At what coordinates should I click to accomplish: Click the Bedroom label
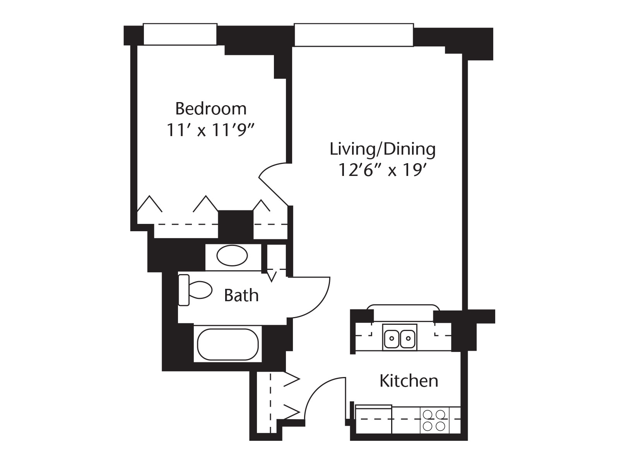tap(211, 109)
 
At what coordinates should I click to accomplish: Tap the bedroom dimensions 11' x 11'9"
tap(211, 130)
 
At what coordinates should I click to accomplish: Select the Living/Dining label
tap(382, 149)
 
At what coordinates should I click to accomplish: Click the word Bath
tap(241, 295)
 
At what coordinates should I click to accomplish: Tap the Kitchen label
tap(409, 381)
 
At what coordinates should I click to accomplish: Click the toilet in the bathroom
tap(195, 290)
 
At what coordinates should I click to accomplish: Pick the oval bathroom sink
tap(232, 256)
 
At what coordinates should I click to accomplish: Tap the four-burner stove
tap(434, 420)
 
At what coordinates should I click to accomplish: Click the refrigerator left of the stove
tap(373, 420)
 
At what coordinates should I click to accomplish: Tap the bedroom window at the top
tap(180, 34)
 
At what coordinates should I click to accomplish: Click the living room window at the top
tap(354, 35)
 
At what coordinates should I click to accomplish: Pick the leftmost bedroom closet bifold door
tap(150, 204)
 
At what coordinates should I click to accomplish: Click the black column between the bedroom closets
tap(235, 225)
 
